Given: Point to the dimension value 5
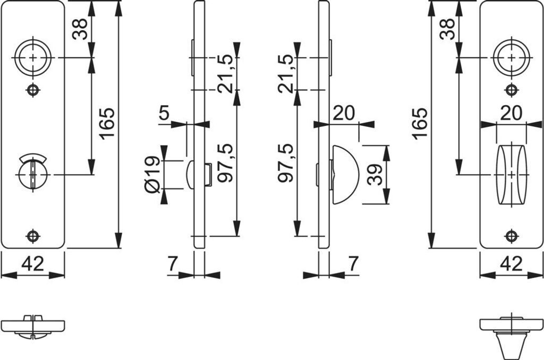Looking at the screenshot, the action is point(164,113).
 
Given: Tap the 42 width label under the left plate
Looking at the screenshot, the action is point(33,263).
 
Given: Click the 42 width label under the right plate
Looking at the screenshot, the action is point(512,263).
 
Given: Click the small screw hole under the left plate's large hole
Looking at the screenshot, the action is point(33,90).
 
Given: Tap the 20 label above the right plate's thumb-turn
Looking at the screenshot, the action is point(511,113).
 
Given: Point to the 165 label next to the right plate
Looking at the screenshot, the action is point(420,123).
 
